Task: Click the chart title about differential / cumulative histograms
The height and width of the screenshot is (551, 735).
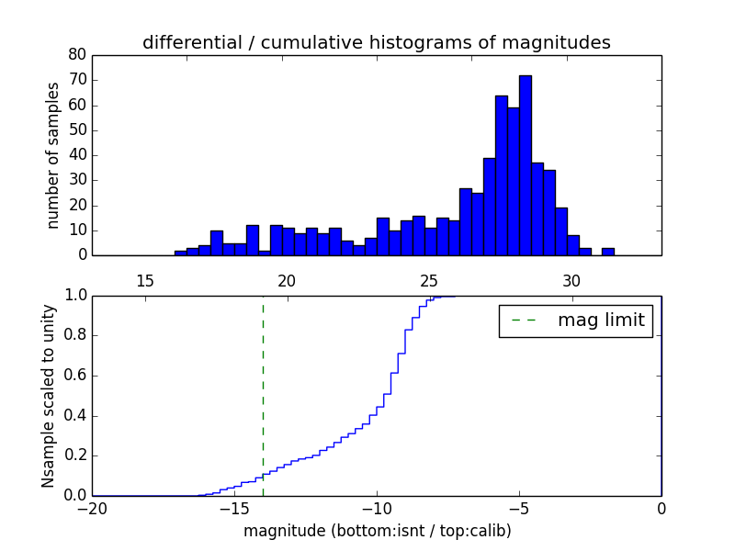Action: tap(376, 42)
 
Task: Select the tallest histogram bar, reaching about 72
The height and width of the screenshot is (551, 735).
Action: tap(525, 165)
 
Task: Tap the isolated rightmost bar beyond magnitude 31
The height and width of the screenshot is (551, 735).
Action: tap(607, 252)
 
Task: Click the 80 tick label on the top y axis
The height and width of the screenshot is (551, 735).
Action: tap(77, 55)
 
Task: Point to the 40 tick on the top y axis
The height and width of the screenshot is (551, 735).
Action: tap(77, 155)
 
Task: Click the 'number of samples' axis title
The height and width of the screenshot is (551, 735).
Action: tap(53, 155)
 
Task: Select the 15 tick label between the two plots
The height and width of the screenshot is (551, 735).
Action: tap(144, 280)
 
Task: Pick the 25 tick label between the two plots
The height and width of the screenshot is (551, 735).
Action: tap(429, 280)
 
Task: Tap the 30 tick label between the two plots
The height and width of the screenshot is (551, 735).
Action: tap(571, 280)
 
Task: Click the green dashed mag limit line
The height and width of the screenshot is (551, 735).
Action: tap(263, 395)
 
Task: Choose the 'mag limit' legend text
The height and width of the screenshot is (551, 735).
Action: tap(601, 320)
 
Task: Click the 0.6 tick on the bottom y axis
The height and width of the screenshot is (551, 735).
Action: tap(74, 376)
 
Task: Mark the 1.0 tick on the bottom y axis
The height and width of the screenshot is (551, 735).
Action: tap(74, 296)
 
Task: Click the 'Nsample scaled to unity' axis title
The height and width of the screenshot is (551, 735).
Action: tap(49, 396)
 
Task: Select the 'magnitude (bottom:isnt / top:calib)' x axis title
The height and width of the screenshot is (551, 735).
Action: tap(377, 531)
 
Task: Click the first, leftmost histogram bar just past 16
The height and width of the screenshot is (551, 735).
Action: tap(180, 253)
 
